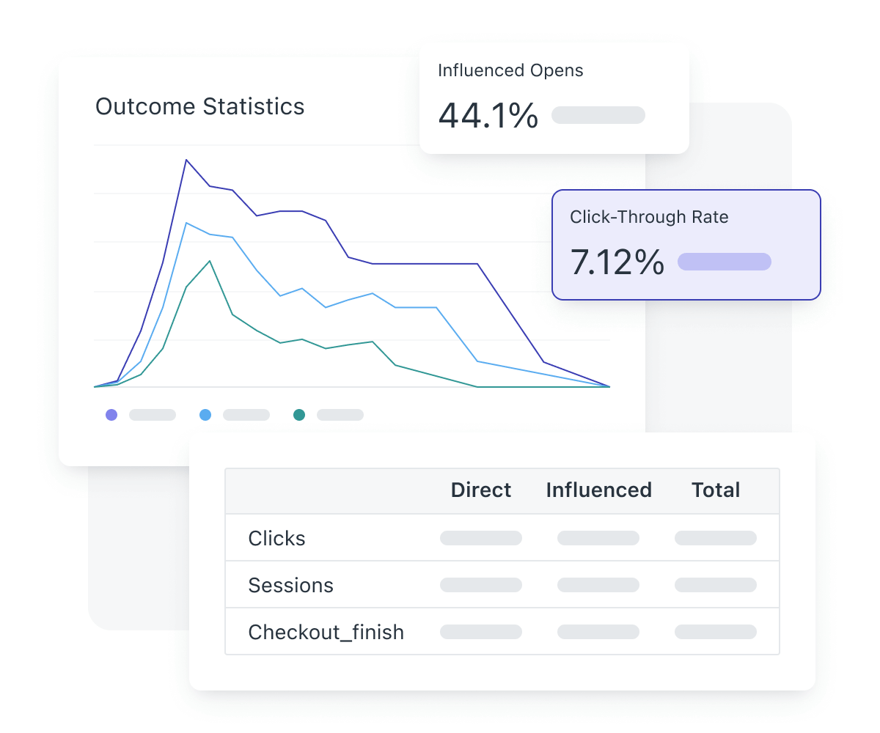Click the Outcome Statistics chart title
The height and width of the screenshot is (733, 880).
(x=199, y=107)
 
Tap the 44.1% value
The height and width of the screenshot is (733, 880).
(x=488, y=116)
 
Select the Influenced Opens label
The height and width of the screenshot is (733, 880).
(x=510, y=70)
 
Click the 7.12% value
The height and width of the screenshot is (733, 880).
(x=617, y=262)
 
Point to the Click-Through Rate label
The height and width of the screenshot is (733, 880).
(x=649, y=217)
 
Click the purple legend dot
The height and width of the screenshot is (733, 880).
(x=111, y=415)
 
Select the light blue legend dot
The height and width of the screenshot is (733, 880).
(x=205, y=415)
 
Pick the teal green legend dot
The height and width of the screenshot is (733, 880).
(x=299, y=415)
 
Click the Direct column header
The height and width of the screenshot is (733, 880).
(x=481, y=490)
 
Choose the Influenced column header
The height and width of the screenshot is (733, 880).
(x=598, y=490)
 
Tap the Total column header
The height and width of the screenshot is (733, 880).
(x=716, y=490)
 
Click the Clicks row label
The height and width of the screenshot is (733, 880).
(x=276, y=539)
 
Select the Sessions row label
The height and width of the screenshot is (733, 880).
(x=290, y=586)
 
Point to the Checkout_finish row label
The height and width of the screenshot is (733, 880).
(x=326, y=632)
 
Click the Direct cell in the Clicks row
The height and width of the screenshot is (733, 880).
(x=481, y=538)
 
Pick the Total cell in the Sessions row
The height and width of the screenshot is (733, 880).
(x=716, y=585)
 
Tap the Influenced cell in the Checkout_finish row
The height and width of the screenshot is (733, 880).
(x=598, y=632)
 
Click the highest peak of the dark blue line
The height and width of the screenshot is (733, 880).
(x=186, y=160)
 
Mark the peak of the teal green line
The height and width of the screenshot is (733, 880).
(x=210, y=261)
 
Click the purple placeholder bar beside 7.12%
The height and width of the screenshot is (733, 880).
(x=725, y=262)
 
